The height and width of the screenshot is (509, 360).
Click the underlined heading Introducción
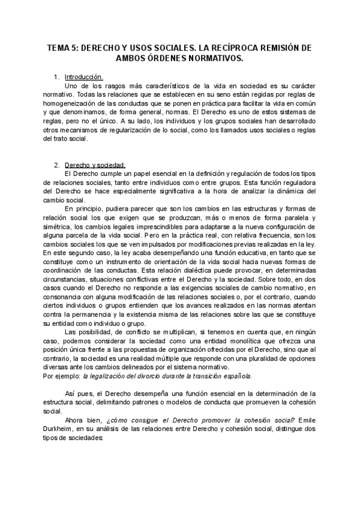[x=84, y=77]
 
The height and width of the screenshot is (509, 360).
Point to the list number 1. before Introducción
[x=57, y=77]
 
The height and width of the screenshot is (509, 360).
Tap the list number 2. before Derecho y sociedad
[x=57, y=164]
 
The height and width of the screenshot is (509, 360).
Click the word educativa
[x=235, y=253]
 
